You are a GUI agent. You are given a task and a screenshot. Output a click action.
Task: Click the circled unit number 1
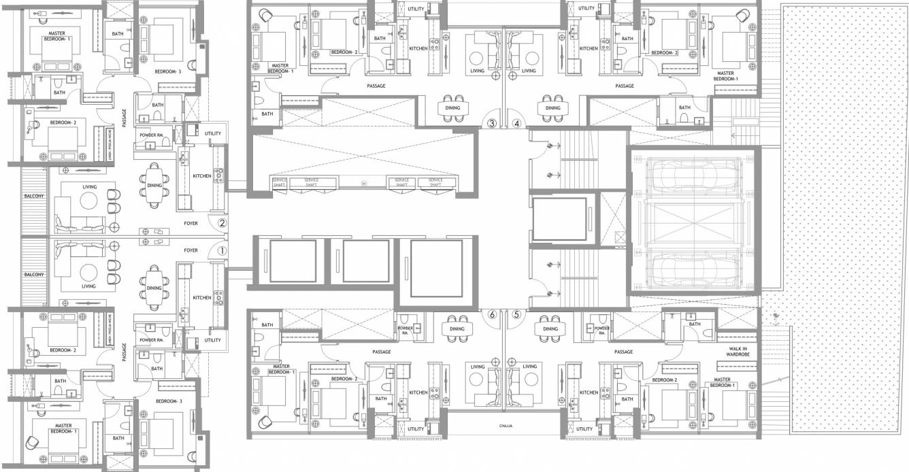coord(221,250)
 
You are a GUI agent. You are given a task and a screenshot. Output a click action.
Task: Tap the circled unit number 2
coord(221,222)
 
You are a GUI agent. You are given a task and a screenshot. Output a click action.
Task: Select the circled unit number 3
coord(491,124)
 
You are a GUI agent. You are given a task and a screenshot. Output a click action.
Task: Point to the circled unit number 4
coord(516,124)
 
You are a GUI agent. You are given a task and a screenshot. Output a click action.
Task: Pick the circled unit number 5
coord(516,314)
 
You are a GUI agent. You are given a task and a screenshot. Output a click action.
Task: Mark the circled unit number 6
coord(491,314)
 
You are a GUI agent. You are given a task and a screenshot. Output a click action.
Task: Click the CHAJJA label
coord(504,426)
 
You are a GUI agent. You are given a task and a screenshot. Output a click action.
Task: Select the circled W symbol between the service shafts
coord(364,183)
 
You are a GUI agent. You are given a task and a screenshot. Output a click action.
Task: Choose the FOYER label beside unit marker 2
coord(191,222)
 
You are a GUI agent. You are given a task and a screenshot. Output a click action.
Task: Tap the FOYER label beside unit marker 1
coord(191,250)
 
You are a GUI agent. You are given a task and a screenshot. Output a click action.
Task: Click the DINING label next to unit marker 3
coord(452,107)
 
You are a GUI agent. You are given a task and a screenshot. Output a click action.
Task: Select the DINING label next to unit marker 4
coord(552,107)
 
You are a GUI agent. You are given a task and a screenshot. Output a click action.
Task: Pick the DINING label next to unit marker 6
coord(457,328)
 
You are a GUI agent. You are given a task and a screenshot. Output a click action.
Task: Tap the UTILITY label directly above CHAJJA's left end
coord(416,429)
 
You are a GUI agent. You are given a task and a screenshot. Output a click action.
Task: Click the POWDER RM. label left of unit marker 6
coord(405,329)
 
